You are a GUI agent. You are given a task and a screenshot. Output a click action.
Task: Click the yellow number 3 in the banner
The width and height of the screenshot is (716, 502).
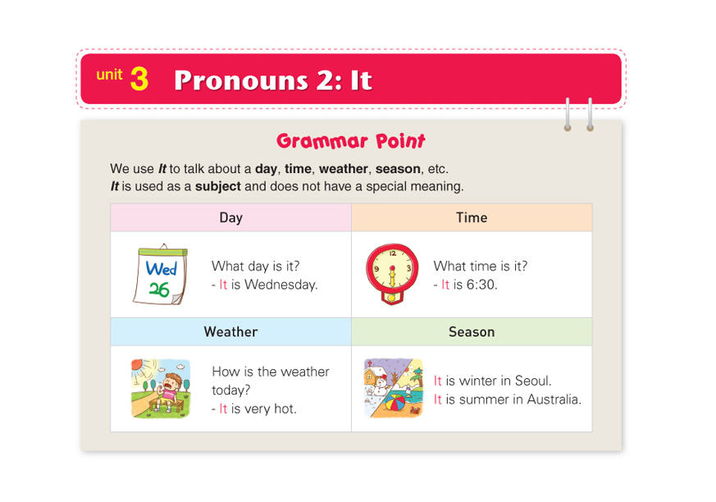pos(139,79)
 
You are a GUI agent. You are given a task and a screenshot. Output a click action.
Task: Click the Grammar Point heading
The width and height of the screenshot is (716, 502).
pos(351,141)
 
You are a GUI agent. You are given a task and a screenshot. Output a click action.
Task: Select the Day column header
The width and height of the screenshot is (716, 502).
pos(231,217)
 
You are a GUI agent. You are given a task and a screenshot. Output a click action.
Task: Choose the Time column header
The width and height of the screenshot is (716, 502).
pos(472,217)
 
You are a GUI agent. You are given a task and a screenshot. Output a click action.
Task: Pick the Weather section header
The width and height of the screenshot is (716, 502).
pos(231,331)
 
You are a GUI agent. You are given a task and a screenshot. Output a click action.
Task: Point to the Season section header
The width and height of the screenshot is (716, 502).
pos(472,331)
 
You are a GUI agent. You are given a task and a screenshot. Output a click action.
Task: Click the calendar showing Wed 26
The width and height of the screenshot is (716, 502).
pos(161,275)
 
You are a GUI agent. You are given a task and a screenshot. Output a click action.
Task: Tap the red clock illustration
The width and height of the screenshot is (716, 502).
pos(392,273)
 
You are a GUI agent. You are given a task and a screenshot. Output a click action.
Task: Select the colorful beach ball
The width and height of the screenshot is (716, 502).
pos(394,404)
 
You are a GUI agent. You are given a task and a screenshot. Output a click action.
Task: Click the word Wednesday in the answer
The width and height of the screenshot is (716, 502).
pos(280,285)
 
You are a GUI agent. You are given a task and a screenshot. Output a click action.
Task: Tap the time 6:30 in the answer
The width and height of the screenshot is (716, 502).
pos(481,285)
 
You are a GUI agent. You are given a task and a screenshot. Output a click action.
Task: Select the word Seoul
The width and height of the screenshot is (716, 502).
pos(532,381)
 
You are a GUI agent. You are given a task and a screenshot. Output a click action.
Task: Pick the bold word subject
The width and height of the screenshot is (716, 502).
pos(218,186)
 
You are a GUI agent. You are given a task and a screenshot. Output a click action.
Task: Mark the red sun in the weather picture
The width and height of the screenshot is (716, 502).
pos(137,364)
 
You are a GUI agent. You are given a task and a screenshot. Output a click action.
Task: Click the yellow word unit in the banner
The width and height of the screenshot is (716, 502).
pos(109,74)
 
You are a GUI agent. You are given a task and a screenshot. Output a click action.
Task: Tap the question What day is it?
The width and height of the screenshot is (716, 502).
pos(256,266)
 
